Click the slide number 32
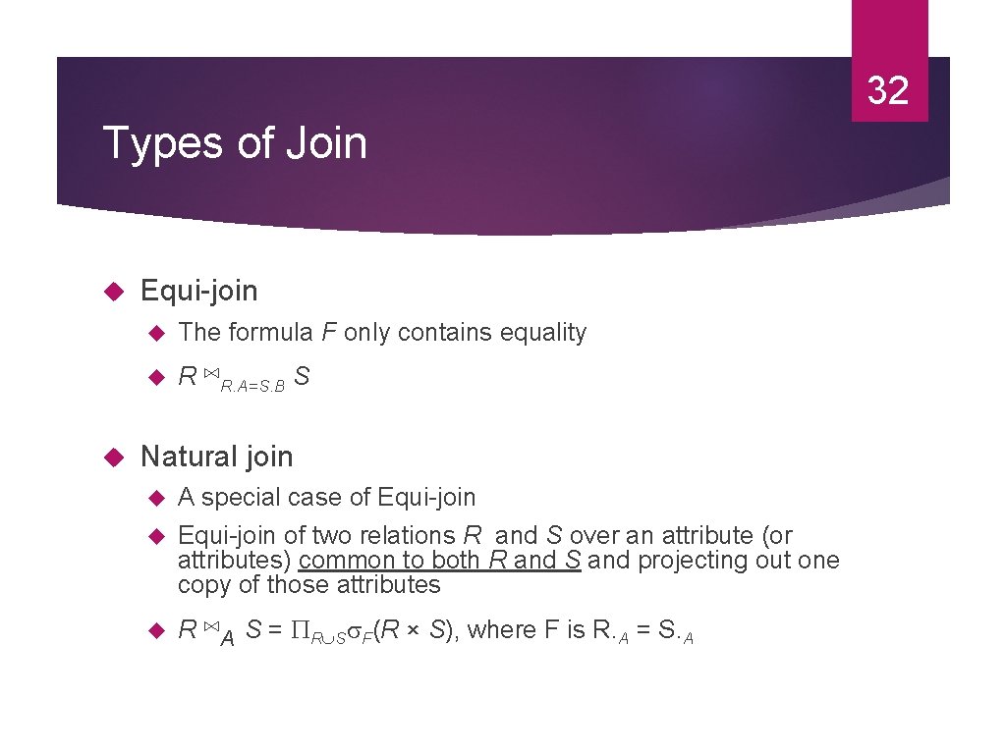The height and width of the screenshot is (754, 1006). pos(888,90)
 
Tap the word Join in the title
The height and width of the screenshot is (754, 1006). pos(326,143)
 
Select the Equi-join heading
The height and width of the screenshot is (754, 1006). pos(199,291)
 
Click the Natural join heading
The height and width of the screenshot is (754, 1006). pos(216,457)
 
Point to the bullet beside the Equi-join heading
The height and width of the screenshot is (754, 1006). pos(112,292)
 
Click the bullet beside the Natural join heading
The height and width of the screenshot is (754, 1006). pos(112,458)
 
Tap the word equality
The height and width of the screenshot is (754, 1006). pos(543,333)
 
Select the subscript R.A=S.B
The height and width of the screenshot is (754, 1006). pos(253,387)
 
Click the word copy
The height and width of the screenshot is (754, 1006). pos(200,585)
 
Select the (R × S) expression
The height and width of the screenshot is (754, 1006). pos(416,630)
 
